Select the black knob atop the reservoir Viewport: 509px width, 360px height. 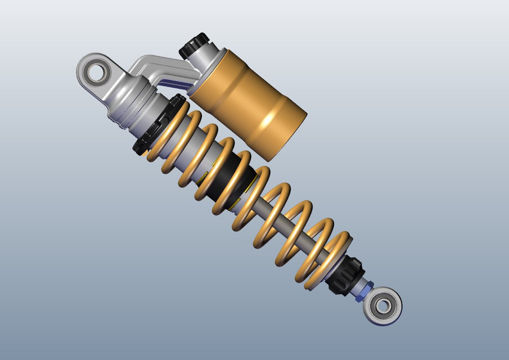pyautogui.click(x=194, y=45)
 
